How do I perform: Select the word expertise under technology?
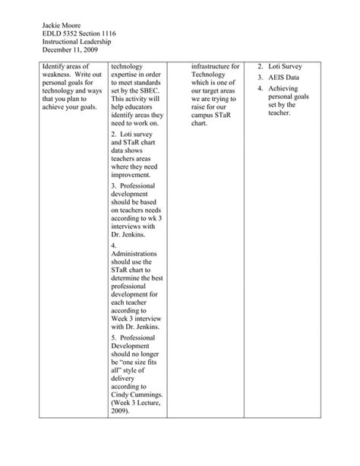pos(128,76)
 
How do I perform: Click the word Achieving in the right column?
pos(286,89)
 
